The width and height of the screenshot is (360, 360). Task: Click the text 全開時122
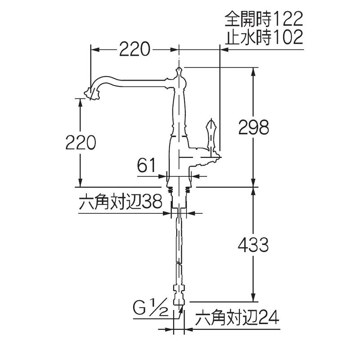click(x=264, y=19)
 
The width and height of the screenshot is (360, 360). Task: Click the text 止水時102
click(x=264, y=37)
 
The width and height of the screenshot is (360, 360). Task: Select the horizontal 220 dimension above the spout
click(x=135, y=49)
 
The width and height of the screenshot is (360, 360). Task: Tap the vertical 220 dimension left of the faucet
click(x=81, y=142)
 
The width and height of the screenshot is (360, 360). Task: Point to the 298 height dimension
click(x=253, y=127)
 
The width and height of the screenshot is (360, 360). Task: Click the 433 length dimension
click(x=253, y=245)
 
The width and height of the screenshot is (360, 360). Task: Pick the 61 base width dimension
click(x=146, y=165)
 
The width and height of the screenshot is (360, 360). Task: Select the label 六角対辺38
click(x=120, y=202)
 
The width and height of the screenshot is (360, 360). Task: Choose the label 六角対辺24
click(x=237, y=318)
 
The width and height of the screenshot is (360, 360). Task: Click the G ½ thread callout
click(x=151, y=308)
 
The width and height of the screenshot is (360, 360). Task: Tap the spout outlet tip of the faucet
click(x=92, y=94)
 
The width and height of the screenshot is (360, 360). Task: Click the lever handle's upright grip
click(x=211, y=136)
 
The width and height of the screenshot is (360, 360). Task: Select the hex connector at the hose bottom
click(x=179, y=295)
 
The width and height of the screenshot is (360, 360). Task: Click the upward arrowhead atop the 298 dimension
click(x=253, y=72)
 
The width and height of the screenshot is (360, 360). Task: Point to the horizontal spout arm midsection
click(x=142, y=83)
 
